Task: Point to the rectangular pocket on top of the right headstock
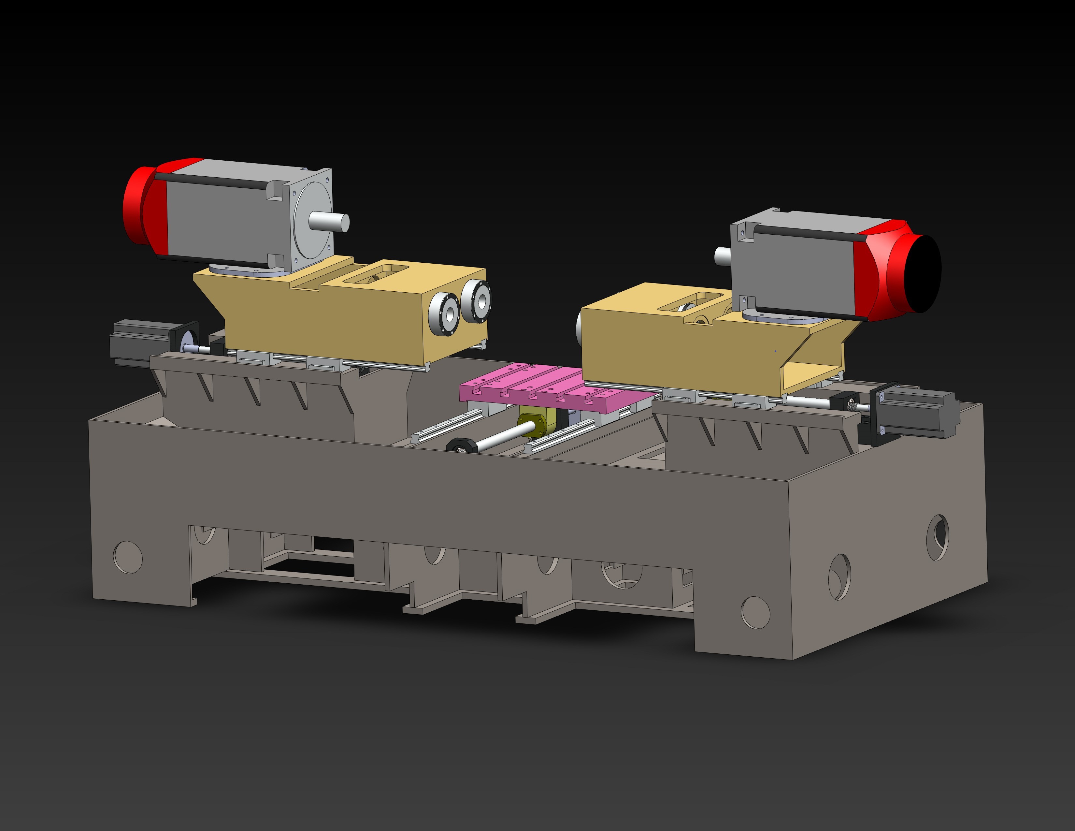point(689,302)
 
